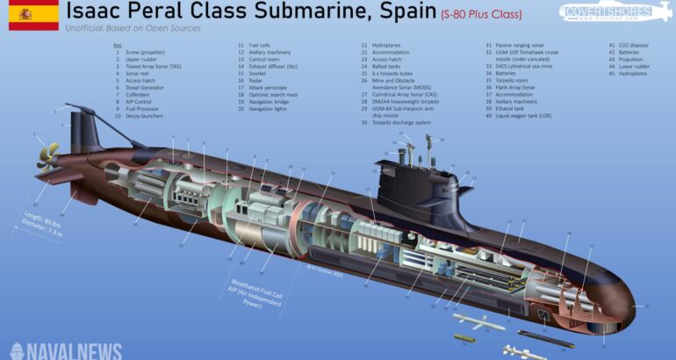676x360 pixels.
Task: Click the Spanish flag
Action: click(33, 15)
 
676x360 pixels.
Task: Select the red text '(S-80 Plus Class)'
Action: click(480, 14)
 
